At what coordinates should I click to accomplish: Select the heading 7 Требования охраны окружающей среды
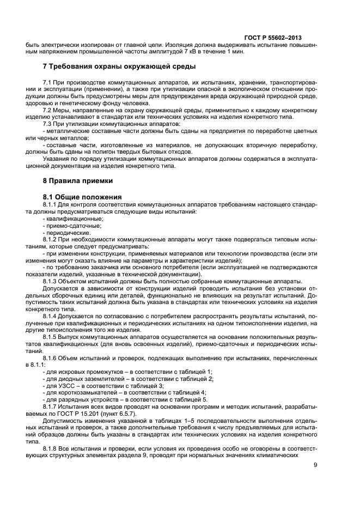pos(119,66)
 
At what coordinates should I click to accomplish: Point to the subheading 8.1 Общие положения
pos(82,196)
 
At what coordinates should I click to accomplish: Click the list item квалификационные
pos(72,218)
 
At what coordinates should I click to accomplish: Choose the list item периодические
pos(69,232)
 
